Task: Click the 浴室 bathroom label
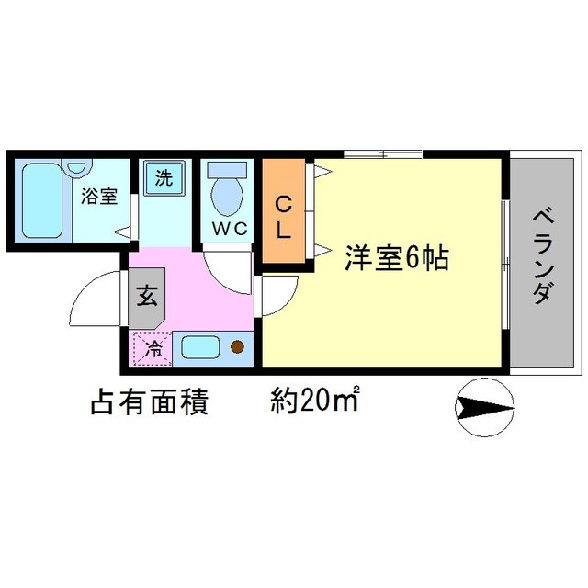99,196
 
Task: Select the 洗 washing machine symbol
163,177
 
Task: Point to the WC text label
229,230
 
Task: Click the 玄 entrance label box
147,297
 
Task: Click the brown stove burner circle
237,347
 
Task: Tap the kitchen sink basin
198,347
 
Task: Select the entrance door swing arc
96,292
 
